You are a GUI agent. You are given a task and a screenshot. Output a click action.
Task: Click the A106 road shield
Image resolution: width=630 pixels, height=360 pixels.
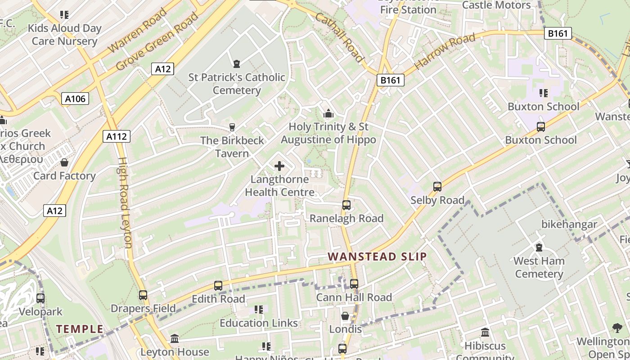[x=75, y=99]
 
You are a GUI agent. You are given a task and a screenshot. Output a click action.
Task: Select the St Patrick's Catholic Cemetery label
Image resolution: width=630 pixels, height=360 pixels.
[x=237, y=84]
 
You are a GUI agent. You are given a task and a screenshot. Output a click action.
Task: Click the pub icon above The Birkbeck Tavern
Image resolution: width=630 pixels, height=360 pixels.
[x=232, y=127]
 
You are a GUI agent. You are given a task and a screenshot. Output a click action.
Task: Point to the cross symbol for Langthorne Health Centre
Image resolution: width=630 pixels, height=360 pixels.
[x=279, y=166]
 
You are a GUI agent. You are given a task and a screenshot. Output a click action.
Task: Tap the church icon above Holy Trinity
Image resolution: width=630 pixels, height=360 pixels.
[x=328, y=113]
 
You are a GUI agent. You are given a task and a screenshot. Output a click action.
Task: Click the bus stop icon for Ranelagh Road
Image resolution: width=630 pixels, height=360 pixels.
[x=346, y=205]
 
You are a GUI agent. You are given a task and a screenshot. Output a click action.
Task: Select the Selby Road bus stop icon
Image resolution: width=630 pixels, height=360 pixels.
[x=437, y=187]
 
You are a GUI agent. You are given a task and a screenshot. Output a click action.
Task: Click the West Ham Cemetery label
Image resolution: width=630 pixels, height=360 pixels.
[x=539, y=267]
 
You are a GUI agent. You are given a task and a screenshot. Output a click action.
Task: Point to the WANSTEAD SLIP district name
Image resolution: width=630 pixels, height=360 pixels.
[x=377, y=257]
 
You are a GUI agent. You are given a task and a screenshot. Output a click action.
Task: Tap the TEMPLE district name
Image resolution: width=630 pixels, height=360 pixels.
[x=80, y=329]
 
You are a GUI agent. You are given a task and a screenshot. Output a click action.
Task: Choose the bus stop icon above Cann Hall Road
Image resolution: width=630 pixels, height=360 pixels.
[x=354, y=284]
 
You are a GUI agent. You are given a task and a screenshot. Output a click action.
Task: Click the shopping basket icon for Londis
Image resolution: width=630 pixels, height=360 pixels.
[x=345, y=316]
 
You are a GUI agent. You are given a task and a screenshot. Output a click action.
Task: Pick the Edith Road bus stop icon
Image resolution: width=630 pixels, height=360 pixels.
[x=218, y=286]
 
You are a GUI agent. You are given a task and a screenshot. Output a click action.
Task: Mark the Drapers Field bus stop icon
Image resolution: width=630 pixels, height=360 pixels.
[x=143, y=295]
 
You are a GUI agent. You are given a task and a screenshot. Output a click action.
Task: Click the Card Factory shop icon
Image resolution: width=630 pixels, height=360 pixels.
[x=64, y=162]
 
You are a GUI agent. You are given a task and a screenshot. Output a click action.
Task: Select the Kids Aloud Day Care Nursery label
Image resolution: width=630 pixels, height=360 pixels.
[x=65, y=35]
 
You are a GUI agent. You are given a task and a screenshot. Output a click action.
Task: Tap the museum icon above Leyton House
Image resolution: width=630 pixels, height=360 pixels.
[x=175, y=338]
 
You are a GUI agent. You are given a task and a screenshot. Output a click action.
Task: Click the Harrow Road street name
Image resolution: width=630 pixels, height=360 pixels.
[x=444, y=51]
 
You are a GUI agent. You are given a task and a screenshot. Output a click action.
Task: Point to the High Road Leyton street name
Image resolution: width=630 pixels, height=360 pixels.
[x=125, y=202]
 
